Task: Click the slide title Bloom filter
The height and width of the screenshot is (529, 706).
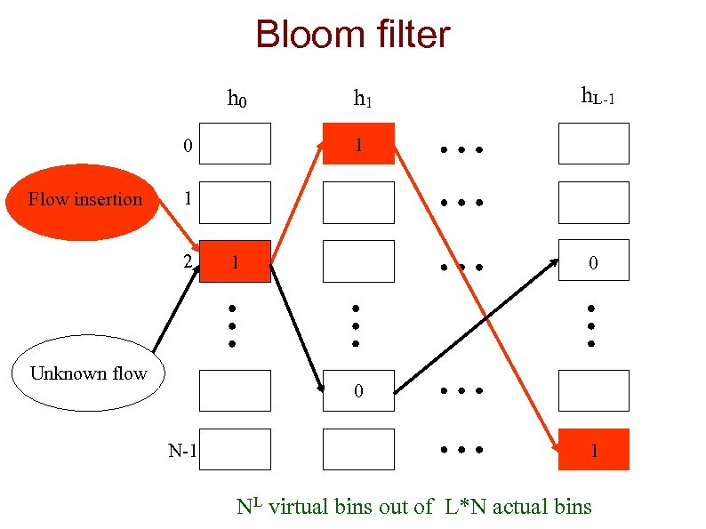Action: (x=352, y=36)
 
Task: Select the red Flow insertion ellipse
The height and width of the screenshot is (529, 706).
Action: (x=85, y=200)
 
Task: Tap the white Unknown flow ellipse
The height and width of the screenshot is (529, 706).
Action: (x=89, y=373)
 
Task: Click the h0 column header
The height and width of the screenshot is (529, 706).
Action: (x=237, y=97)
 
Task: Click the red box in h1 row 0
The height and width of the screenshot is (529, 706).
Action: (x=358, y=143)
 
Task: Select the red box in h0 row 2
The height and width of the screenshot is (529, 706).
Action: (x=235, y=261)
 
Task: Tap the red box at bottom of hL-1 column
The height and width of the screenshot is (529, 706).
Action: (x=593, y=449)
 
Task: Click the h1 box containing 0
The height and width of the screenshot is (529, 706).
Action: (x=358, y=390)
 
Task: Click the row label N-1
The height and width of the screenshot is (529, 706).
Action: (x=182, y=451)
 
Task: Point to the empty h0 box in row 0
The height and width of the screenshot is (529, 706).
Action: (x=235, y=143)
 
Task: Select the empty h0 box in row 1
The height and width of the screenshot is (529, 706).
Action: (x=235, y=202)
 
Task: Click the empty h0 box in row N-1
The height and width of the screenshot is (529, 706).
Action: (x=235, y=449)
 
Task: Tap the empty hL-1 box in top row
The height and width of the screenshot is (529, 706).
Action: (x=593, y=143)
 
